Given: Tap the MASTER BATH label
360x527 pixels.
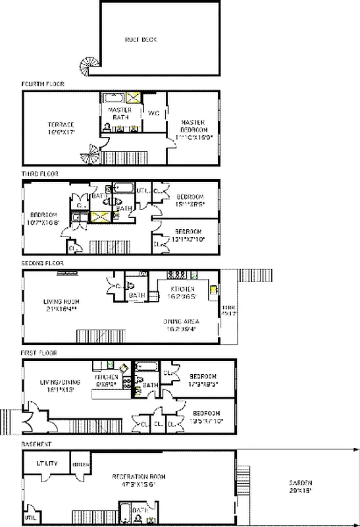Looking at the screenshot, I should click(119, 113).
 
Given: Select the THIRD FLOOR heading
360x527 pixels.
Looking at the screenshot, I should click(40, 174).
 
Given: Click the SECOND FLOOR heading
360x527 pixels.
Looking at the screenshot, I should click(42, 263).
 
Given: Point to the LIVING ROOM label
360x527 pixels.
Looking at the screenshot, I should click(61, 306).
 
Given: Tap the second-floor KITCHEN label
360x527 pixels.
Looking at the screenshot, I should click(182, 293).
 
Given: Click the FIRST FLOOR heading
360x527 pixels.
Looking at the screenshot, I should click(39, 353).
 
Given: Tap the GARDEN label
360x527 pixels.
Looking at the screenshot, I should click(299, 486).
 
